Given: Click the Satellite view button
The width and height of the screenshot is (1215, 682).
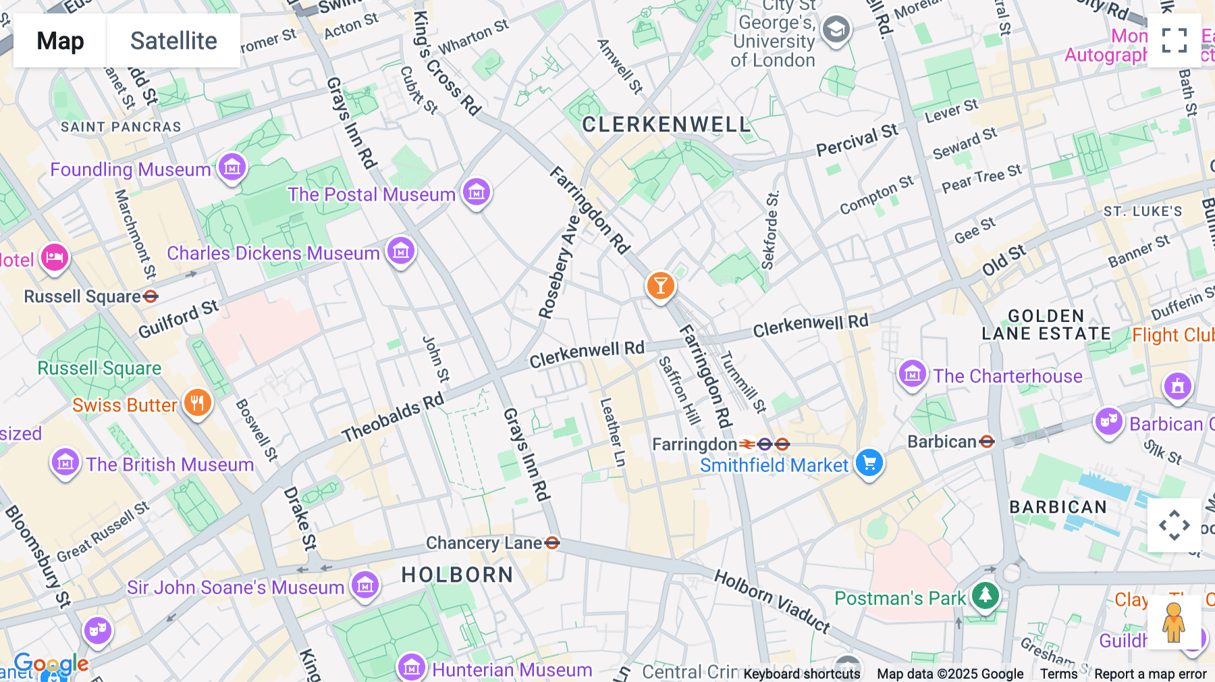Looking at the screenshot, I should [173, 41].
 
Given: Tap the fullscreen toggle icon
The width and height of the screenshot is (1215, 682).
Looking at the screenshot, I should [1174, 41].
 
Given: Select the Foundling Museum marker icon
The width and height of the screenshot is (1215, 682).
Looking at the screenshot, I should [232, 167].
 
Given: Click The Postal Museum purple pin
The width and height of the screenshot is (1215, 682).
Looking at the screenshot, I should [477, 192].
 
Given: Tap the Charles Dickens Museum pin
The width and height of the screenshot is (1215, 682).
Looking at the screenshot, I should [401, 251].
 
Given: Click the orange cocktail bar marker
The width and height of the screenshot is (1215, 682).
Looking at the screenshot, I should [660, 286].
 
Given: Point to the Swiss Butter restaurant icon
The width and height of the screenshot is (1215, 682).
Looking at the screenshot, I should [197, 403].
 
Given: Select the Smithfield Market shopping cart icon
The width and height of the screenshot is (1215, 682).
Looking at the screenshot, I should [869, 463].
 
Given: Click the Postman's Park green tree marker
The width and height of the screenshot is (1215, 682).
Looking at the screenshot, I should [986, 596].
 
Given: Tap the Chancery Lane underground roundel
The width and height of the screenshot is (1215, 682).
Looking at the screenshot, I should [552, 543].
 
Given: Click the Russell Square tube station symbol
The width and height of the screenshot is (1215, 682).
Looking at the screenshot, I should [151, 296].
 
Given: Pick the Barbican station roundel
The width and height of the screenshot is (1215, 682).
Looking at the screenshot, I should [987, 442].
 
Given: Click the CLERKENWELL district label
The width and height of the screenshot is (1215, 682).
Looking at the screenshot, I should [666, 125].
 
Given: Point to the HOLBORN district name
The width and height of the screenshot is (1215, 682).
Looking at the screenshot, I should [457, 575].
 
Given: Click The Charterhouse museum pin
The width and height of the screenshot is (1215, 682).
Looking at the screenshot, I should [913, 374].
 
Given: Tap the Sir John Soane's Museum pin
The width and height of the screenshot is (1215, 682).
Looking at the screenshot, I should [365, 585].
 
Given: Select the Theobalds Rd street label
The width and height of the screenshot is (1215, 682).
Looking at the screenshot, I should [393, 417].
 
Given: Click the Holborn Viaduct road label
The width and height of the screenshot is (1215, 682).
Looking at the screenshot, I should [772, 601].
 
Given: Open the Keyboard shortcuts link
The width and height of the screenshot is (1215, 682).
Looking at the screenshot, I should [801, 673].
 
